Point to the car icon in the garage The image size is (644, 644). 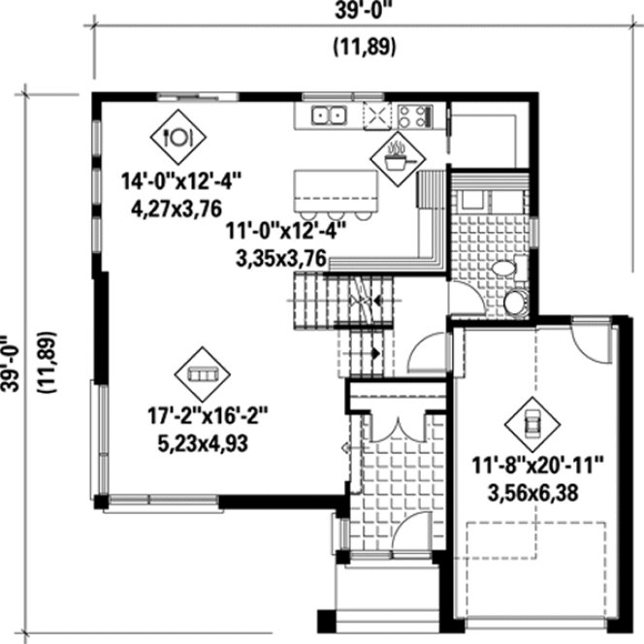tap(531, 420)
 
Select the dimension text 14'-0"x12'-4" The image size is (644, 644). tap(180, 180)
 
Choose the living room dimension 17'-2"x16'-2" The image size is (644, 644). tap(207, 416)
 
